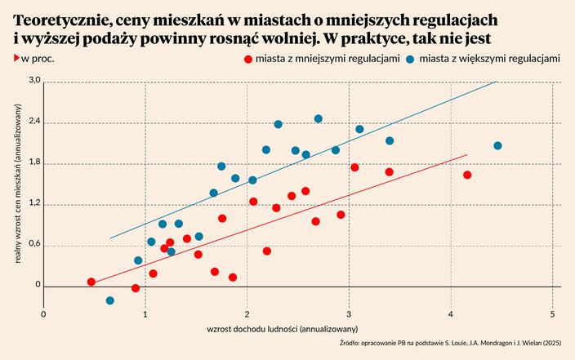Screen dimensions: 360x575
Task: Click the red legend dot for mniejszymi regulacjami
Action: pyautogui.click(x=247, y=59)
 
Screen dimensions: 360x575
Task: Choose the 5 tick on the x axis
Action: pyautogui.click(x=553, y=314)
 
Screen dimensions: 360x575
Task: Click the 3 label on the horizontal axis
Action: pyautogui.click(x=349, y=314)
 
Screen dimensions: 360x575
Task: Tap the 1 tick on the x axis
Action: pyautogui.click(x=145, y=314)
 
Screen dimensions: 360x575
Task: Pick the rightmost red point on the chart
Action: pyautogui.click(x=467, y=175)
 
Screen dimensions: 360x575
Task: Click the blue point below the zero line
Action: pyautogui.click(x=110, y=300)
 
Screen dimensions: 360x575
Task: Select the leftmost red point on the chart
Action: pyautogui.click(x=91, y=282)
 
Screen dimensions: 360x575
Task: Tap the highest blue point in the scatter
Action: pyautogui.click(x=319, y=118)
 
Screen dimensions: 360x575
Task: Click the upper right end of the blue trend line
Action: pyautogui.click(x=496, y=82)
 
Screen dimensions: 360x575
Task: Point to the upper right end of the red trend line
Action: pyautogui.click(x=466, y=154)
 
